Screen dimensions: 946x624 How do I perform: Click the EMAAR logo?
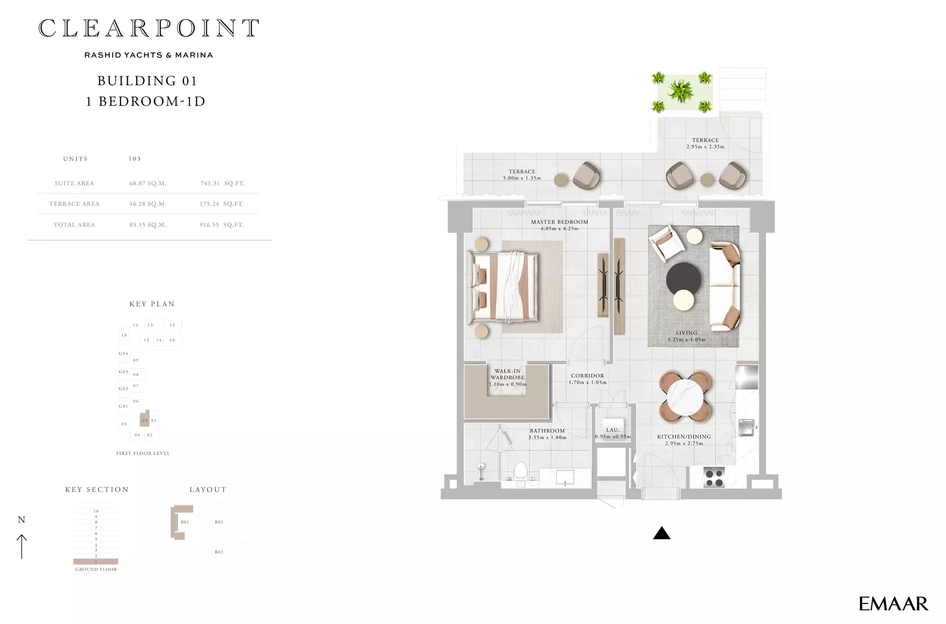tap(893, 604)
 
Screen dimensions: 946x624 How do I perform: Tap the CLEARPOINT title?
tap(149, 28)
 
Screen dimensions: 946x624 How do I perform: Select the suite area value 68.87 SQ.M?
tap(148, 183)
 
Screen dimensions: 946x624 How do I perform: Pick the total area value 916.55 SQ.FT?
tap(222, 225)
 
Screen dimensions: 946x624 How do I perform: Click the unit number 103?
tap(135, 159)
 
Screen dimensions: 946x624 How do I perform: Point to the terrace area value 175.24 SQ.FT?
tap(222, 204)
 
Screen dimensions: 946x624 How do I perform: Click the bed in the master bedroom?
tap(503, 288)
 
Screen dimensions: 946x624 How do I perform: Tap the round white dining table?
tap(685, 397)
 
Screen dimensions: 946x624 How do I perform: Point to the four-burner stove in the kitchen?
tap(713, 477)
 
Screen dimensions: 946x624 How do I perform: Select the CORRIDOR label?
tap(588, 376)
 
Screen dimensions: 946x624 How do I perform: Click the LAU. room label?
tap(613, 430)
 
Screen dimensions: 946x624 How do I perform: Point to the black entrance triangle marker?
tap(662, 534)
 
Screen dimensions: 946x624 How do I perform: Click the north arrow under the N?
tap(21, 546)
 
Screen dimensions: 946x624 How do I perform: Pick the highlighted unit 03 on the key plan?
tap(145, 418)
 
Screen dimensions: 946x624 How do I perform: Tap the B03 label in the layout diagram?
tap(219, 552)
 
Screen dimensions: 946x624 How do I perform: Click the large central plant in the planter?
tap(681, 91)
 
